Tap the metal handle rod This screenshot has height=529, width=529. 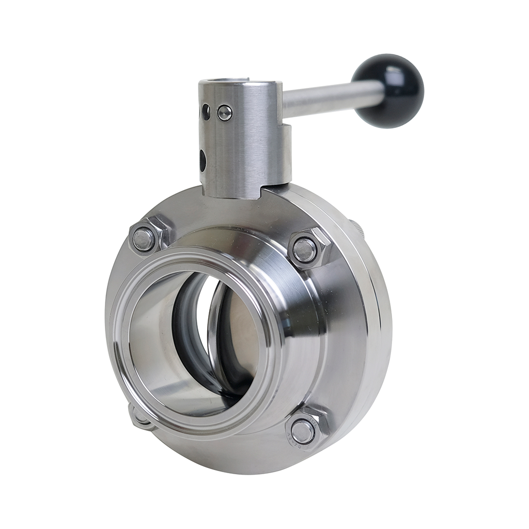[x=331, y=99]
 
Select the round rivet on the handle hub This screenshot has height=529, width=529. [x=225, y=113]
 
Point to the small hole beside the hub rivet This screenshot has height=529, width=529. [x=206, y=112]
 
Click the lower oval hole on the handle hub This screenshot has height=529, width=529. [x=203, y=160]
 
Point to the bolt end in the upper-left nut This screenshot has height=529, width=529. [x=144, y=239]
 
